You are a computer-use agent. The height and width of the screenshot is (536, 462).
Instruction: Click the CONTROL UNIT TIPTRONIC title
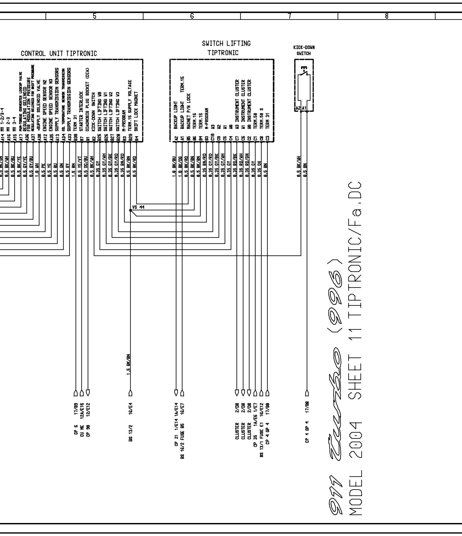(x=59, y=54)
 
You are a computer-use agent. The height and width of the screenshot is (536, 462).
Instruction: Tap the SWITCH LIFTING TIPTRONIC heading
(x=226, y=48)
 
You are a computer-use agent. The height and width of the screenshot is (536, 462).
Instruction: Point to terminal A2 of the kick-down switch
(x=298, y=108)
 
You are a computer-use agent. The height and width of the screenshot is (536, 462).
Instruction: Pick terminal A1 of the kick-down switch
(x=304, y=108)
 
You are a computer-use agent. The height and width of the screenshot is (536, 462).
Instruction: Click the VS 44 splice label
(x=138, y=207)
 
